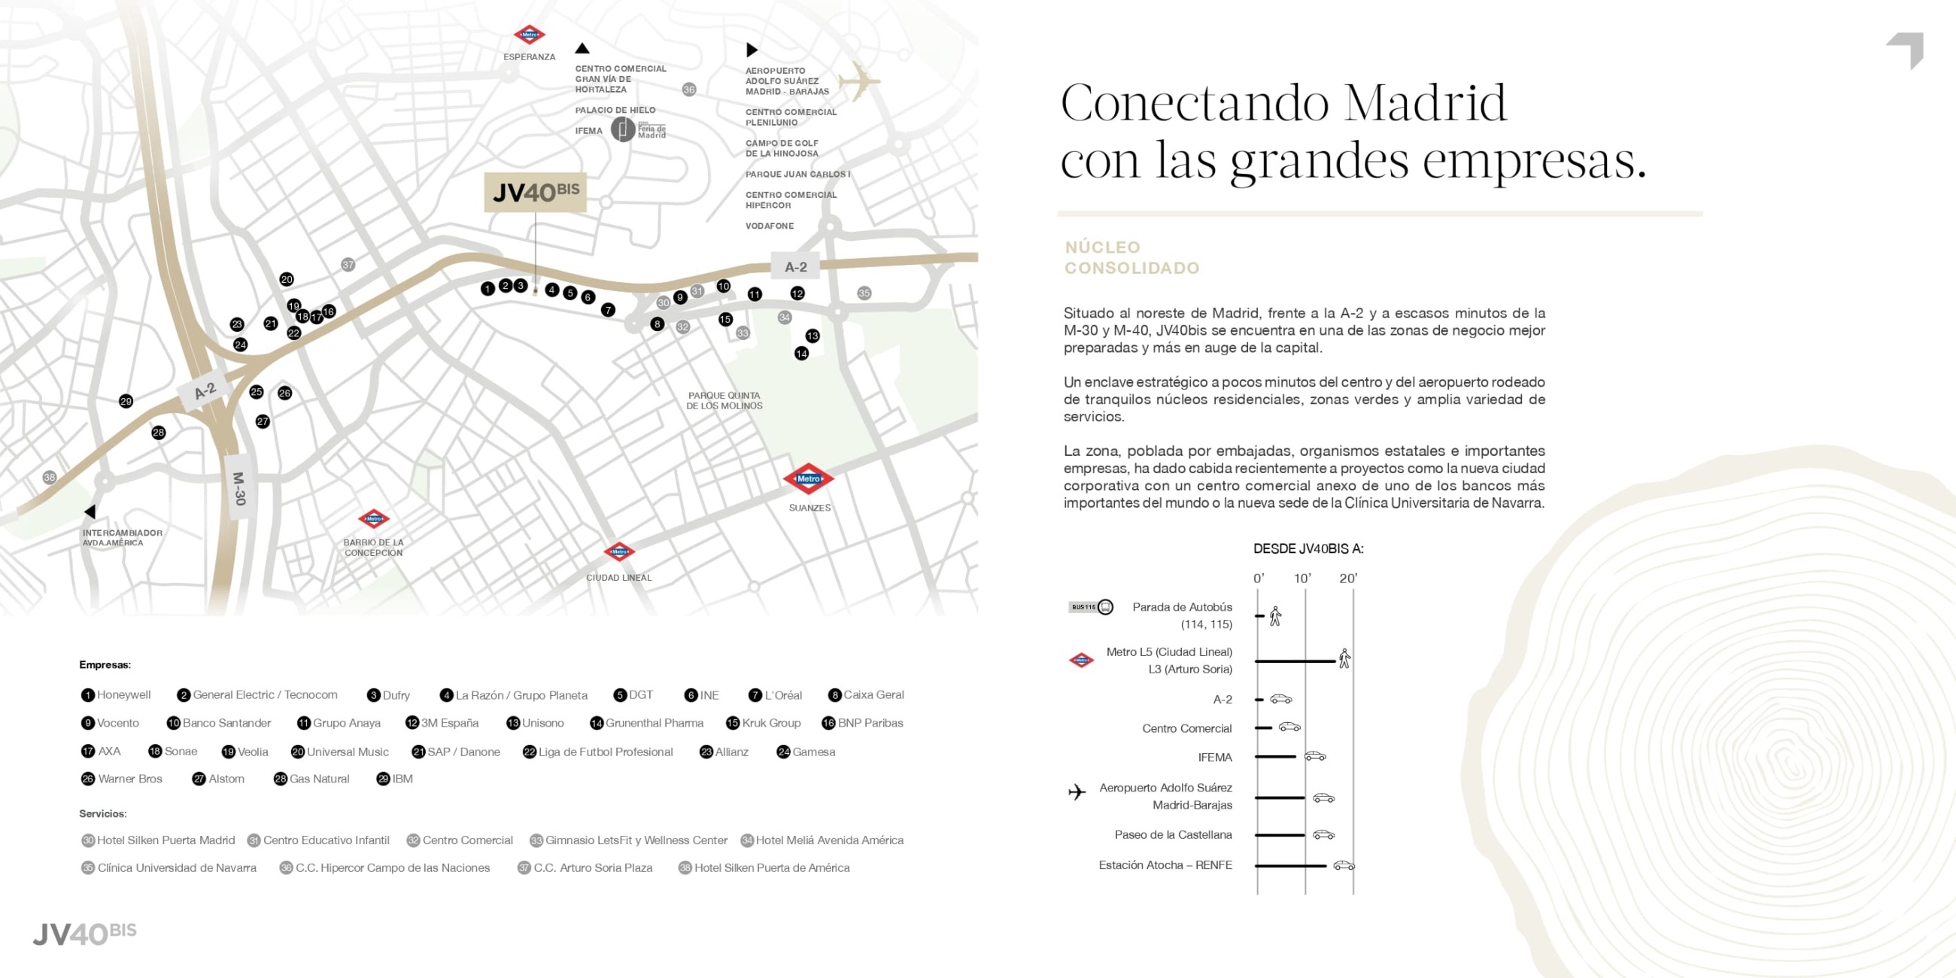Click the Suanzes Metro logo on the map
[x=809, y=478]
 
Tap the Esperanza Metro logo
[x=529, y=35]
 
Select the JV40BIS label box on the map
[x=536, y=192]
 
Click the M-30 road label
[x=239, y=488]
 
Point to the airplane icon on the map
[x=860, y=80]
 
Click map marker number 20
[x=287, y=279]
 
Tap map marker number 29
[x=126, y=401]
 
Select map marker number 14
[x=801, y=353]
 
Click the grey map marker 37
[x=348, y=265]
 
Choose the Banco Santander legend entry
[x=219, y=723]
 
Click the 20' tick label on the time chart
[x=1348, y=579]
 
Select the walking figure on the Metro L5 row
[x=1344, y=658]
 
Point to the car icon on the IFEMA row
[x=1315, y=756]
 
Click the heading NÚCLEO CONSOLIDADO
[x=1131, y=257]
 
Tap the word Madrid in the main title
[x=1424, y=103]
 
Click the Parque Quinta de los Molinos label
[x=724, y=400]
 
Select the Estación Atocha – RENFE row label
[x=1165, y=865]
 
